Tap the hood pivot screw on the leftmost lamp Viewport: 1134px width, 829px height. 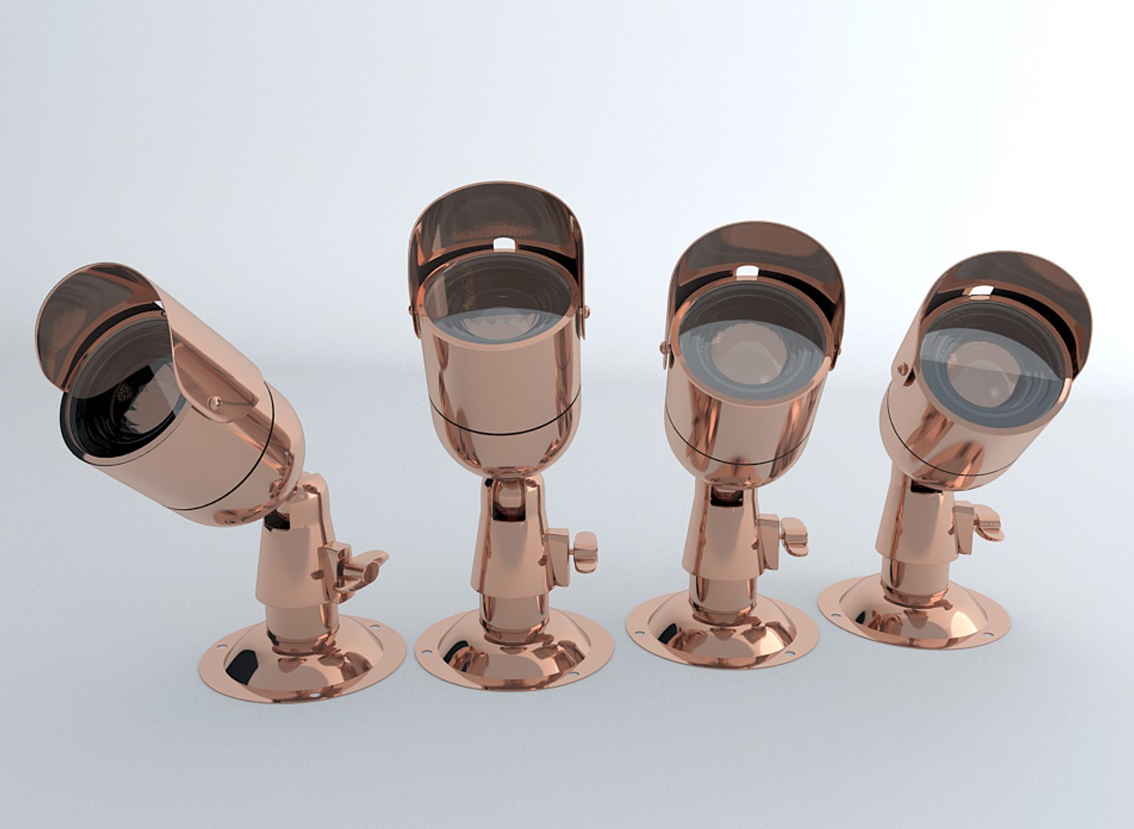tap(216, 401)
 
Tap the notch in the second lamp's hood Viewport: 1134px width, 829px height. tap(503, 244)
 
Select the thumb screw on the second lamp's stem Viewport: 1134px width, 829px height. tap(583, 550)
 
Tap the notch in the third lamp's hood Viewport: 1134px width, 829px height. tap(747, 270)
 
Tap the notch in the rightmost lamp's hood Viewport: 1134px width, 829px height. tap(981, 291)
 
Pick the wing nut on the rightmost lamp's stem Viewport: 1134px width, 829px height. tap(986, 522)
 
